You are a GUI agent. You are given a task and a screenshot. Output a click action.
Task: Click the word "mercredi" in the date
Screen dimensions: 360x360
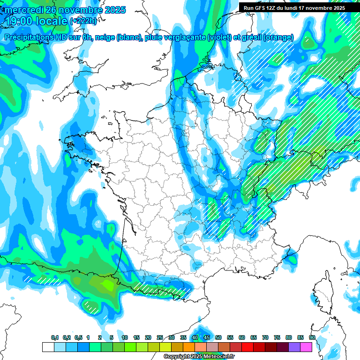(x=23, y=10)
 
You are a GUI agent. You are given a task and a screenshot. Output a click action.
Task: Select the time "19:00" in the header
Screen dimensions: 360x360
(x=19, y=21)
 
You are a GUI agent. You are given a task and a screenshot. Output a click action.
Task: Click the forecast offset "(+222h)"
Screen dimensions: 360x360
(x=83, y=21)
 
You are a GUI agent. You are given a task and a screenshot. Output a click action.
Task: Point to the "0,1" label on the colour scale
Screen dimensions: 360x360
(x=55, y=338)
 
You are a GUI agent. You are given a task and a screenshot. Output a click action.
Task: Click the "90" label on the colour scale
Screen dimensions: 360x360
(x=312, y=338)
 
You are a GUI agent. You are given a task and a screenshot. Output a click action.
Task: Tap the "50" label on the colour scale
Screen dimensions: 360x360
(x=218, y=338)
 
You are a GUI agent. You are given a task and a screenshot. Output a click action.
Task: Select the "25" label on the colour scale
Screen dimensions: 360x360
(x=160, y=338)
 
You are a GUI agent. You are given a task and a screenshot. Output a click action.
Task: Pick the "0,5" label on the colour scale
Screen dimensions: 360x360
(x=78, y=338)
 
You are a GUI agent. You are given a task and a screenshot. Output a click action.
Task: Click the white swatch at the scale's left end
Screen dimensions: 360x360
(x=48, y=347)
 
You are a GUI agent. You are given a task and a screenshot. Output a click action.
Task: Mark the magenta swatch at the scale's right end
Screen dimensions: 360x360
(x=307, y=347)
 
